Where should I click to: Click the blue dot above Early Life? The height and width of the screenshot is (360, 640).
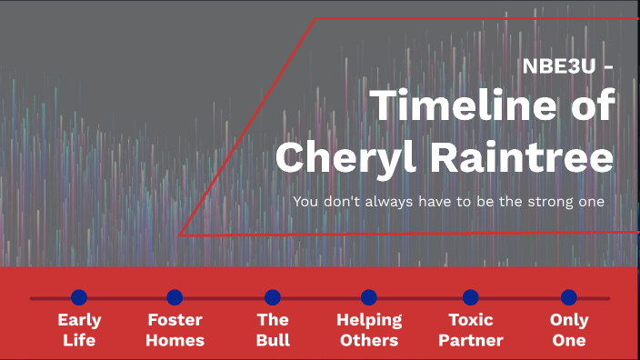point(79,297)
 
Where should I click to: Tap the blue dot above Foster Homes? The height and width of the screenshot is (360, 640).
point(175,297)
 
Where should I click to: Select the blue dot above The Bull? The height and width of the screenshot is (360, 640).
point(273,297)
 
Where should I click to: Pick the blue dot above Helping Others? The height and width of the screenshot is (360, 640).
point(368,297)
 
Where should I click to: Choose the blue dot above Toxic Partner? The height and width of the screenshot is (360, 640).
point(470,297)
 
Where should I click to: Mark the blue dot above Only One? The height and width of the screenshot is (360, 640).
point(569,297)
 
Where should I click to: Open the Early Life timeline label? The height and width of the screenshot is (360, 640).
point(79,330)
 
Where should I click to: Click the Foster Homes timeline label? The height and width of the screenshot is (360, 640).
point(175,330)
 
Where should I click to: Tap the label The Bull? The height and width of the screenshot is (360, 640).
point(273,330)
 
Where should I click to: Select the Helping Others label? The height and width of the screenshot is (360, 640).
point(368,330)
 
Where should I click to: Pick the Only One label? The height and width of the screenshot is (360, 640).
point(569,330)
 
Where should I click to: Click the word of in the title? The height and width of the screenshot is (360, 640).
point(591,107)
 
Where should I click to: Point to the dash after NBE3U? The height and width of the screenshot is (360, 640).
point(607,67)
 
